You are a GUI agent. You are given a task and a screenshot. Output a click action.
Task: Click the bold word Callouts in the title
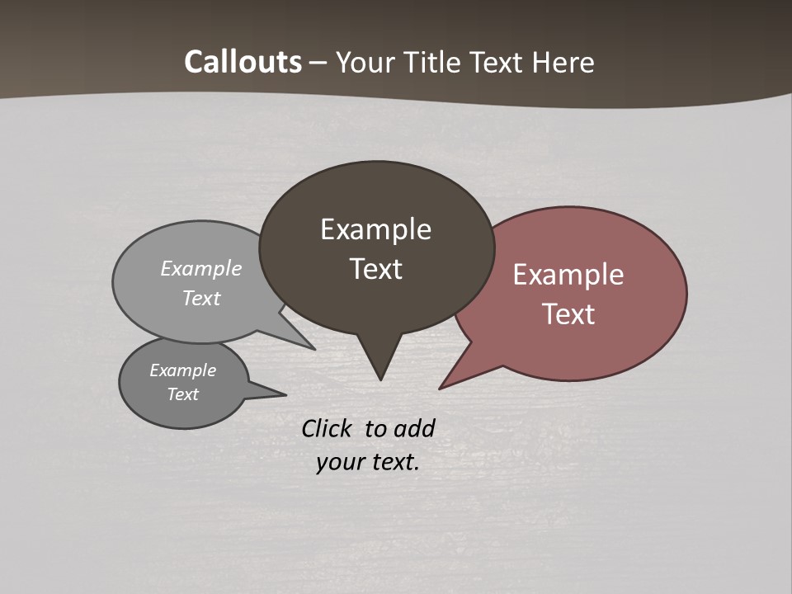pyautogui.click(x=243, y=62)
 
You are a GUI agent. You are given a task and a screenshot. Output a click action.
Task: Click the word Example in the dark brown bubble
pyautogui.click(x=375, y=229)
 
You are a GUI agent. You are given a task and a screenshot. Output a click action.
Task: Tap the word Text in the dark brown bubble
pyautogui.click(x=375, y=269)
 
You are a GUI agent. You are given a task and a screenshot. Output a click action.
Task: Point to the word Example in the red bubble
pyautogui.click(x=568, y=275)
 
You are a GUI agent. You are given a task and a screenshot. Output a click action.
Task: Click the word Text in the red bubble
pyautogui.click(x=568, y=314)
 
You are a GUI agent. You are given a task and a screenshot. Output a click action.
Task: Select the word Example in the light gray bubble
pyautogui.click(x=201, y=269)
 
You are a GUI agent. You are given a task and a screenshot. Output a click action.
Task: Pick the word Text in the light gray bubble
pyautogui.click(x=201, y=299)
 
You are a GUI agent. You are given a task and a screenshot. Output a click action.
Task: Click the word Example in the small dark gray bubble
pyautogui.click(x=182, y=370)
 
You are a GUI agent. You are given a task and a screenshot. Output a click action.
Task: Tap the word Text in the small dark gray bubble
pyautogui.click(x=182, y=394)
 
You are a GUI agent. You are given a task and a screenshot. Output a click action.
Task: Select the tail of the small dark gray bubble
pyautogui.click(x=277, y=394)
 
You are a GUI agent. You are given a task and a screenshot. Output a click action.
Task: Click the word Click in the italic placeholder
pyautogui.click(x=327, y=428)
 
